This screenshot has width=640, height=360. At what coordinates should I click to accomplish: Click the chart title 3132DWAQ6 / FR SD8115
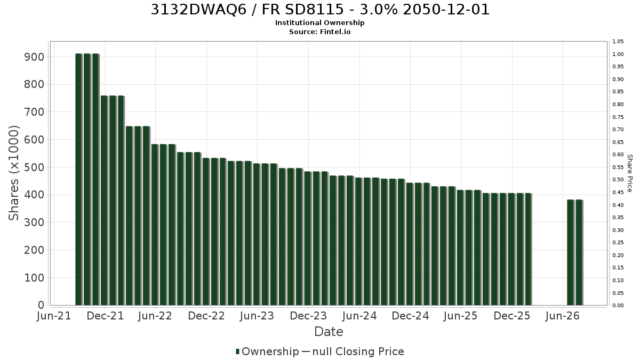pos(246,10)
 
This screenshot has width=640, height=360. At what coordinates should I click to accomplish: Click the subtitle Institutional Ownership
pos(319,23)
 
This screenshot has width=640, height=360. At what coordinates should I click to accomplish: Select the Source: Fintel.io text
pos(319,31)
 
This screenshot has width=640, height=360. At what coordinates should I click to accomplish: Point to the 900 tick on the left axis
pos(34,57)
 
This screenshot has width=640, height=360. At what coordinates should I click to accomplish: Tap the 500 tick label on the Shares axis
pos(34,167)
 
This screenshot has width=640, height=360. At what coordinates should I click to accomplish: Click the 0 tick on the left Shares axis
pos(41,305)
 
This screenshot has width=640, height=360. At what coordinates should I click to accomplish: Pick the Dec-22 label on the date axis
pos(206,316)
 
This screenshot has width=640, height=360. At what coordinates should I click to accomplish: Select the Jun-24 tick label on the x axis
pos(359,316)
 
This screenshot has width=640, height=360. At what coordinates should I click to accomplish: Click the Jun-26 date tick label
pos(563,316)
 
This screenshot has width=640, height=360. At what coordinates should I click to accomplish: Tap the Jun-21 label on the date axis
pos(54,316)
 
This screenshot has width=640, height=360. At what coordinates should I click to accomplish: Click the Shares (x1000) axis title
pos(13,173)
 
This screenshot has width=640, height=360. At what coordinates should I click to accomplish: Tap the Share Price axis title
pos(630,173)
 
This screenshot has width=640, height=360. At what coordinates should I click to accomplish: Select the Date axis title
pos(329,332)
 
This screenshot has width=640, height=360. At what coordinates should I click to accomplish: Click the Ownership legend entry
pos(267,351)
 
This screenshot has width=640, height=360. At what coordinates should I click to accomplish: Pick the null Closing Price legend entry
pos(353,351)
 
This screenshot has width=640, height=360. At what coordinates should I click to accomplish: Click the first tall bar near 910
pos(78,179)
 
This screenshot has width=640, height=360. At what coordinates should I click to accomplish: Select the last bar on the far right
pos(579,253)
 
